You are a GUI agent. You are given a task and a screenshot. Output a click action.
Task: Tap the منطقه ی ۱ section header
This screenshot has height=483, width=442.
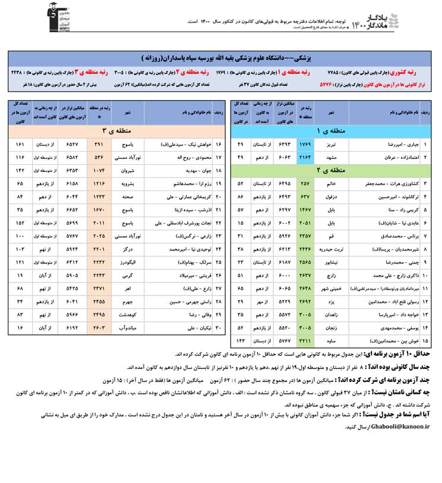click(326, 130)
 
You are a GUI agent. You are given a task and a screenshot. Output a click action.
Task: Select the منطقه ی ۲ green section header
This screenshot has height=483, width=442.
click(326, 170)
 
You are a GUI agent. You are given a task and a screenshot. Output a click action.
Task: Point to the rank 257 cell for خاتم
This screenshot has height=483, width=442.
click(305, 184)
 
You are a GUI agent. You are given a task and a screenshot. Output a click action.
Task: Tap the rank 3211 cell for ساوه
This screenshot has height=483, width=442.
click(305, 341)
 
